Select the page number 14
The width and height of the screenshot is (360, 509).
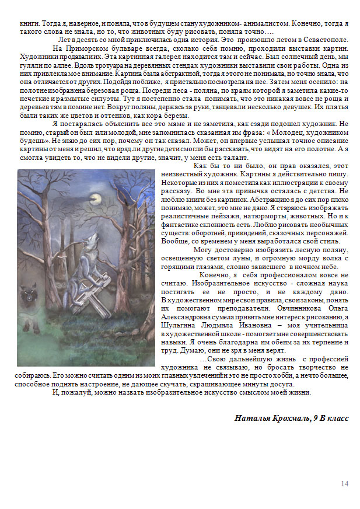(344, 484)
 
